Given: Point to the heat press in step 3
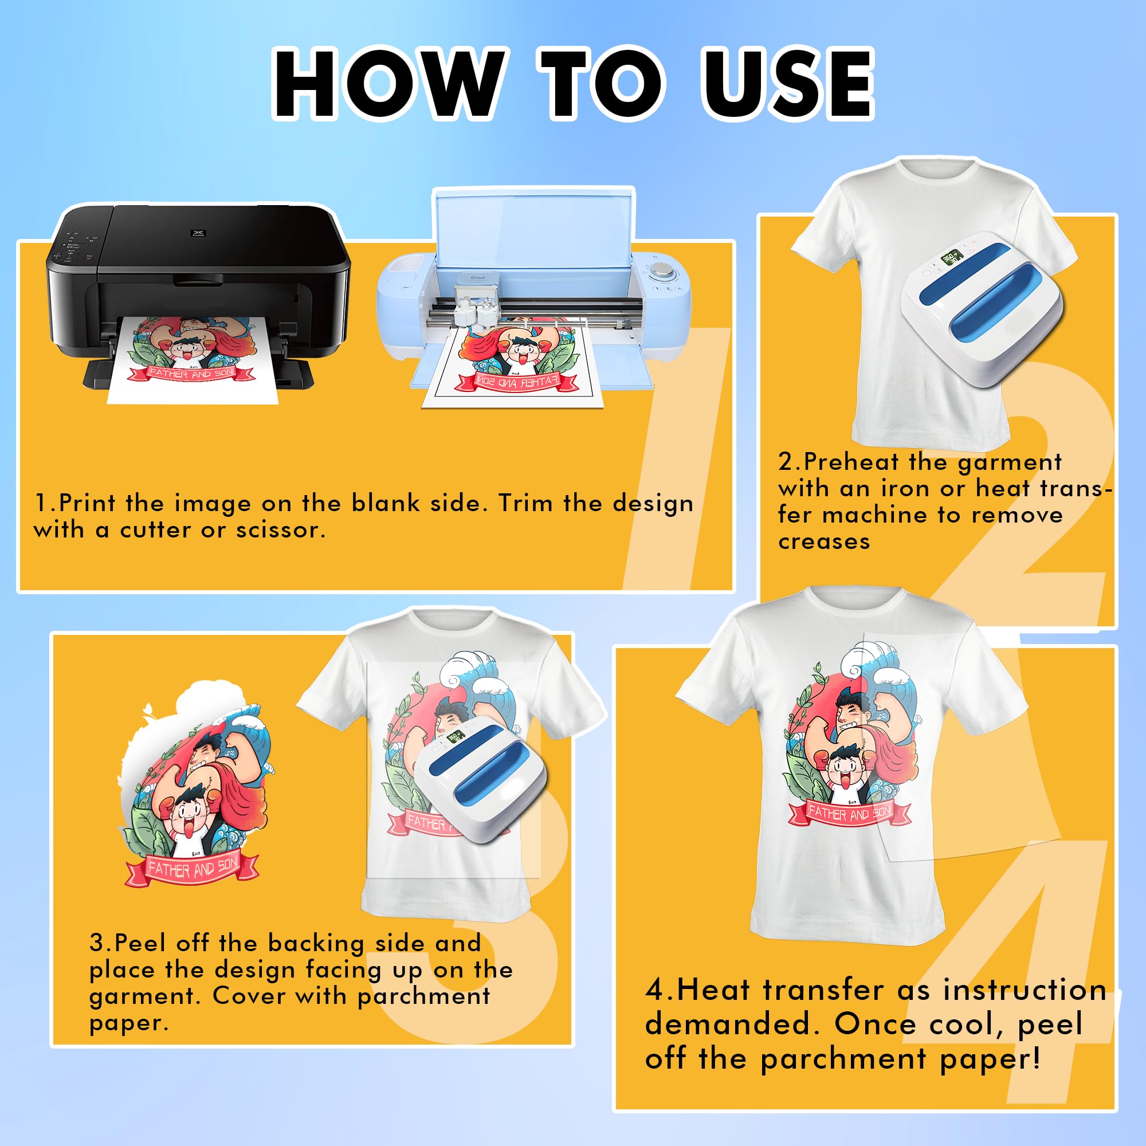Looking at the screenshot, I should click(481, 778).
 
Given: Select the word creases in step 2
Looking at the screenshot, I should click(824, 541).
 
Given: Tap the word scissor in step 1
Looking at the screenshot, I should click(281, 529).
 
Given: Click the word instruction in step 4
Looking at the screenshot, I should click(1025, 990).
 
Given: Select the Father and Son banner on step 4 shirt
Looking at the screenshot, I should click(849, 813).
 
